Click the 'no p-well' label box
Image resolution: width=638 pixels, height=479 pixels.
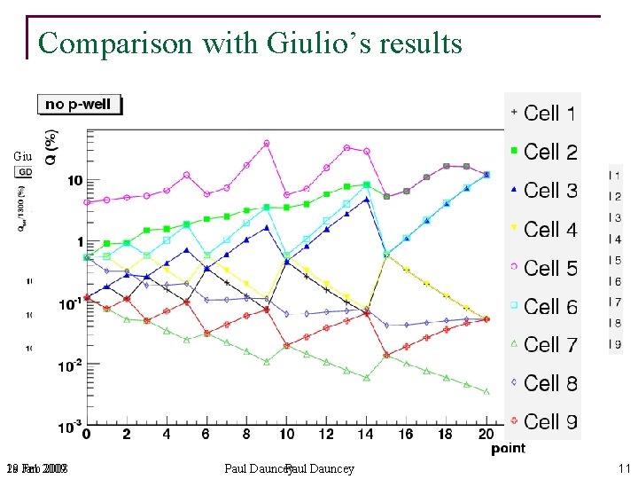pyautogui.click(x=79, y=105)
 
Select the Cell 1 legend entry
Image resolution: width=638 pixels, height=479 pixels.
pyautogui.click(x=543, y=113)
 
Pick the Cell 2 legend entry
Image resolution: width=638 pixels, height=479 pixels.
pyautogui.click(x=543, y=152)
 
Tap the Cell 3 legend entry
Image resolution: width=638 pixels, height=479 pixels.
pyautogui.click(x=543, y=190)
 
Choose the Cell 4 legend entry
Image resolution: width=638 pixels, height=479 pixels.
pyautogui.click(x=543, y=229)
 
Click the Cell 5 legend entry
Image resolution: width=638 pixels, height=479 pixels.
pyautogui.click(x=543, y=267)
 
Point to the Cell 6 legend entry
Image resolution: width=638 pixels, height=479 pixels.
pyautogui.click(x=543, y=306)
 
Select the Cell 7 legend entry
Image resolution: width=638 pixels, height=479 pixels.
pyautogui.click(x=543, y=344)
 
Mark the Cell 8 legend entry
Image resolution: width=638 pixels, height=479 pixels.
pyautogui.click(x=543, y=383)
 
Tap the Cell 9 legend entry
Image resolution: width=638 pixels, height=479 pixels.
pyautogui.click(x=543, y=421)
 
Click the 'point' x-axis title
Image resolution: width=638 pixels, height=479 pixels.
pyautogui.click(x=509, y=449)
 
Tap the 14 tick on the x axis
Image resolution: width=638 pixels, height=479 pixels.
pyautogui.click(x=366, y=435)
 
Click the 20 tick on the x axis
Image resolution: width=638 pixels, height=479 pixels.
pyautogui.click(x=486, y=435)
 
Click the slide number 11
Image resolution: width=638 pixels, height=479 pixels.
pyautogui.click(x=624, y=468)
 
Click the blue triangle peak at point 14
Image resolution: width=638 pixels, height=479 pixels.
pyautogui.click(x=367, y=200)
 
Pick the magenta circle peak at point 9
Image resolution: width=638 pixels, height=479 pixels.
pyautogui.click(x=267, y=143)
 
